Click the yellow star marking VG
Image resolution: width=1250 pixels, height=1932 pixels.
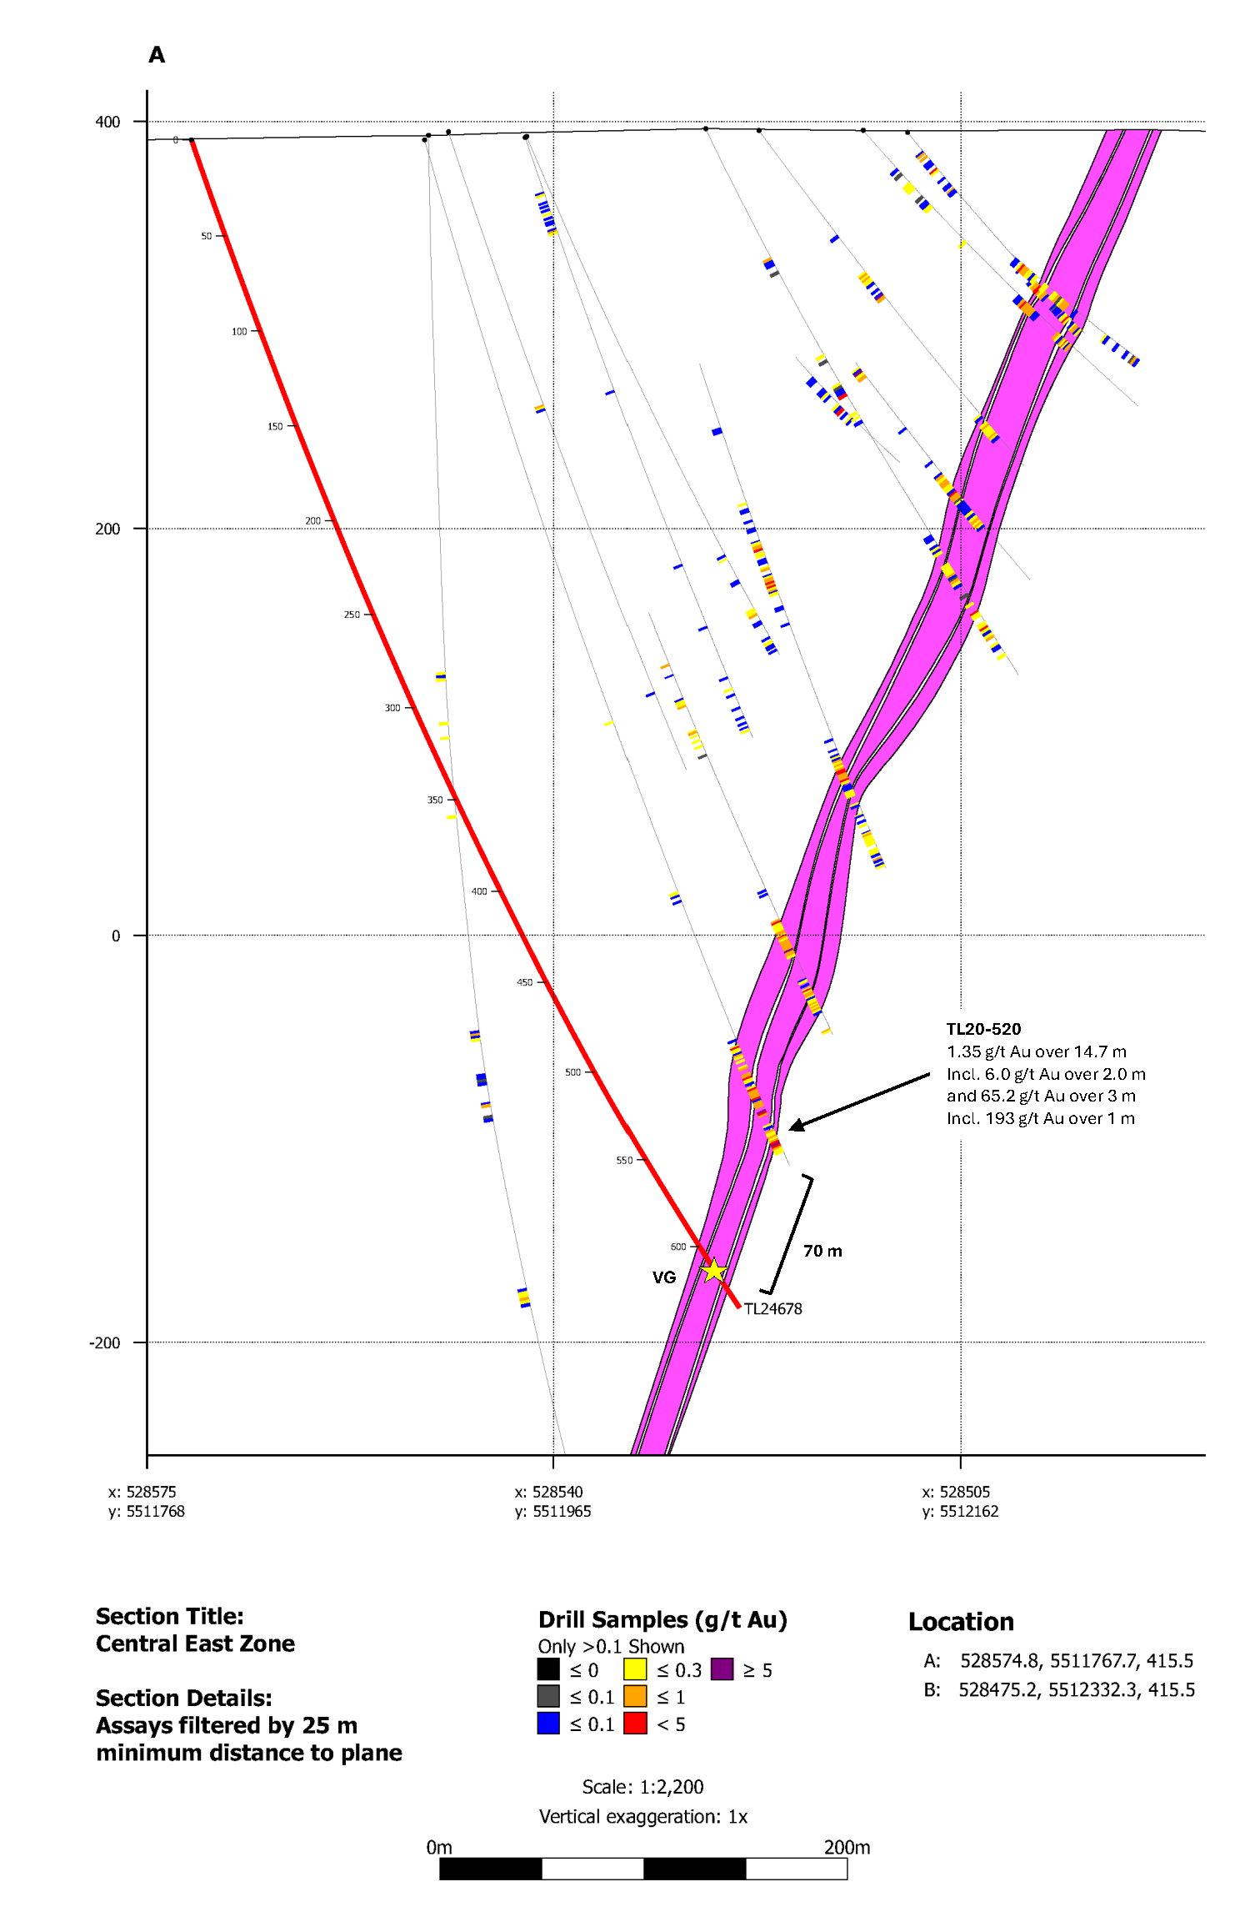coord(713,1271)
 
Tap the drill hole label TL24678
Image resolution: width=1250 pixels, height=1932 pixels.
coord(772,1309)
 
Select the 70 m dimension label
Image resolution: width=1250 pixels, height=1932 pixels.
coord(822,1251)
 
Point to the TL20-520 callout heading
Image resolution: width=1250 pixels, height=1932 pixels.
coord(983,1029)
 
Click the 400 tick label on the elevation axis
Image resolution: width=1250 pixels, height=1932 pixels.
coord(107,122)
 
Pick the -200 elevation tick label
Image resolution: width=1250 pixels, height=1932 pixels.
coord(105,1342)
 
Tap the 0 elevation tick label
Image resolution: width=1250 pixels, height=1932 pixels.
coord(116,936)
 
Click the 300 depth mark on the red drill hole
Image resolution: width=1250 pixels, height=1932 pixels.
coord(392,708)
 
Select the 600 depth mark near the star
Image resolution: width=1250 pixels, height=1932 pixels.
coord(678,1247)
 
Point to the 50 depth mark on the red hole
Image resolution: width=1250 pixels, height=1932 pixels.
coord(207,236)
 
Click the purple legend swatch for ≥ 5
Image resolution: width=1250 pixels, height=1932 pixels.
coord(722,1669)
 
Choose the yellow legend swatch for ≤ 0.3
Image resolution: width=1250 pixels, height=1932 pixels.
coord(635,1669)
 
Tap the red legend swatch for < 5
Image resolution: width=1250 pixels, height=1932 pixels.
coord(635,1724)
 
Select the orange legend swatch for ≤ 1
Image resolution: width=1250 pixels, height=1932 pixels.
coord(635,1696)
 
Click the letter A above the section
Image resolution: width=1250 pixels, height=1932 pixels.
coord(157,55)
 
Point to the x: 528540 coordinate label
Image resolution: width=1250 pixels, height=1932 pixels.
coord(548,1492)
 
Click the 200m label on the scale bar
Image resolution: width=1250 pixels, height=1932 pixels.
coord(847,1847)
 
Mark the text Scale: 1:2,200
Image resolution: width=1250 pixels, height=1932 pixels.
coord(642,1787)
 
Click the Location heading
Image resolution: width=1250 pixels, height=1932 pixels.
coord(961,1622)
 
